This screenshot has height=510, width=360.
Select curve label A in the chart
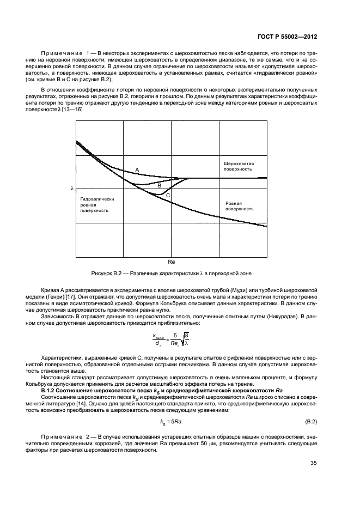[x=137, y=171]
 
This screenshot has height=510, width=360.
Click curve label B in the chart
[x=159, y=186]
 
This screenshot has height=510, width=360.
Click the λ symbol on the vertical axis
[x=71, y=188]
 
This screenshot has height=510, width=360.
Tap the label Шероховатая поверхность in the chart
[x=239, y=166]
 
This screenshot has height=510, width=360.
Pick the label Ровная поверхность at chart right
[x=240, y=205]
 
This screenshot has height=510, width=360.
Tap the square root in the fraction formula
[x=185, y=339]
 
